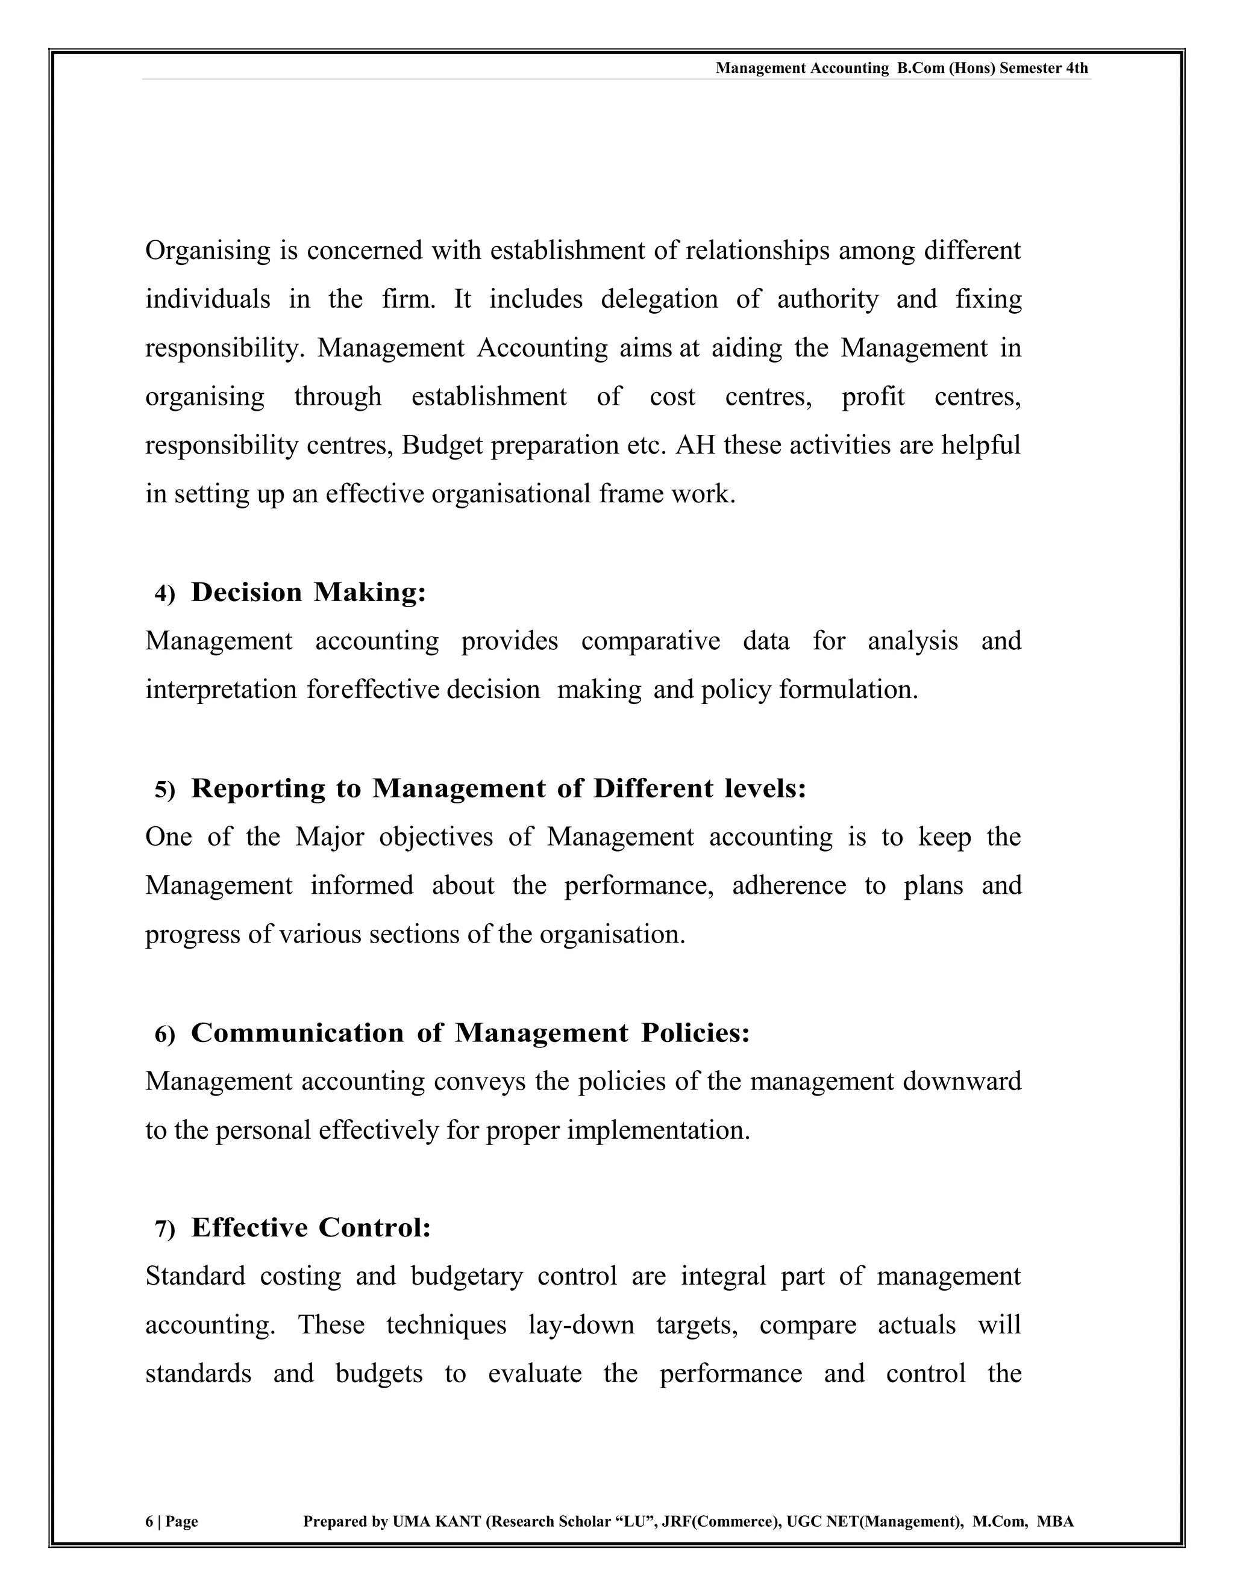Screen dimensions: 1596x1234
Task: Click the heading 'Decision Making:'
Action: (308, 592)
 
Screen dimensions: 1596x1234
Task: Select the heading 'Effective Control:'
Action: (311, 1227)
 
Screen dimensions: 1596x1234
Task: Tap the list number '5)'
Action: (164, 790)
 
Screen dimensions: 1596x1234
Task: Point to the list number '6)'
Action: (164, 1035)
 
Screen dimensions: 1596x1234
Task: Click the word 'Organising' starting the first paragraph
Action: (208, 251)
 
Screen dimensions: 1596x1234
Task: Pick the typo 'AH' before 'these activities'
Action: (695, 445)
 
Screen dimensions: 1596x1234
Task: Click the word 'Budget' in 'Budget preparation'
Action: (442, 445)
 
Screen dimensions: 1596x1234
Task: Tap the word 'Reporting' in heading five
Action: (258, 788)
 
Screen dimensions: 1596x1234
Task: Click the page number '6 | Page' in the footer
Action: (172, 1522)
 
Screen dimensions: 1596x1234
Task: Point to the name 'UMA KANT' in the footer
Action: (436, 1522)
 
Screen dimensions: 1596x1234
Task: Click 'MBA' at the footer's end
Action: (1055, 1522)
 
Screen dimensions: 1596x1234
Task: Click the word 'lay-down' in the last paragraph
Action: (581, 1325)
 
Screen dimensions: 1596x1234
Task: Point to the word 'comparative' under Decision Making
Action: (650, 641)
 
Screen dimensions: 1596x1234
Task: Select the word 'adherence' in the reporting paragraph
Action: (789, 886)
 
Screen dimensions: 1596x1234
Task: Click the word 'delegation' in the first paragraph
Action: (659, 299)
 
